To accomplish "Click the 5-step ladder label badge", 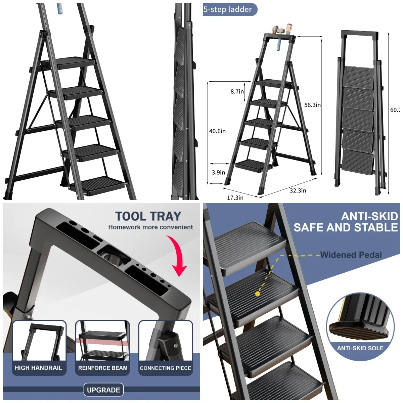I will [x=230, y=9].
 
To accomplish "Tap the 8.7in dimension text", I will [x=237, y=91].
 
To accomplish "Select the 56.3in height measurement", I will [x=312, y=105].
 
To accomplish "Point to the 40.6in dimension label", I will [x=217, y=131].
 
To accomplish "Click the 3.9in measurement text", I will [x=218, y=172].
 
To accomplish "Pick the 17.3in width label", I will [x=235, y=197].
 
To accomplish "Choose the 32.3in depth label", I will [x=298, y=190].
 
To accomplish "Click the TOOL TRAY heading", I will [x=148, y=216].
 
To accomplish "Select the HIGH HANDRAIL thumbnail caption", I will [x=38, y=368].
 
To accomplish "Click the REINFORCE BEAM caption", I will [x=103, y=368].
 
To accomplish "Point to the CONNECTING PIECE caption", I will [x=165, y=368].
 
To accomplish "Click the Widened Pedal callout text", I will [x=351, y=255].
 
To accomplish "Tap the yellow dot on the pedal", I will [x=258, y=294].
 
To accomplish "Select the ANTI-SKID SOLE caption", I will [x=360, y=348].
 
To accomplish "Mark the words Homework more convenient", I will [x=150, y=227].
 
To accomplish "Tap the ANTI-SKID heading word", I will [x=369, y=216].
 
